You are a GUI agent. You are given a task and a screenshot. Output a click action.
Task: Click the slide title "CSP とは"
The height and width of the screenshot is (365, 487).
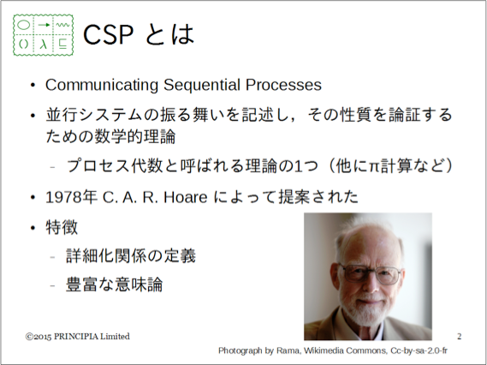point(139,34)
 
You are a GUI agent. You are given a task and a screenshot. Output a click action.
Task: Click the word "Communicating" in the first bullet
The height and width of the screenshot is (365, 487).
point(102,85)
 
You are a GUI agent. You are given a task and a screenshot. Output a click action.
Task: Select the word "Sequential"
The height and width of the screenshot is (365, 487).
point(202,85)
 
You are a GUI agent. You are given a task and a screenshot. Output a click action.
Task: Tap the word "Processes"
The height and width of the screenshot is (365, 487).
point(283,85)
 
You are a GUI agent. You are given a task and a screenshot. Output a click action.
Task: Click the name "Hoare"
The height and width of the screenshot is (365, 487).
point(186,197)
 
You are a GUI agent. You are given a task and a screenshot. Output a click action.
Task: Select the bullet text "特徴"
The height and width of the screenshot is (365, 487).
point(62,227)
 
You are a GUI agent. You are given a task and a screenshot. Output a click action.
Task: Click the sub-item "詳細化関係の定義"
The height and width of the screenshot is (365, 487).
point(131,256)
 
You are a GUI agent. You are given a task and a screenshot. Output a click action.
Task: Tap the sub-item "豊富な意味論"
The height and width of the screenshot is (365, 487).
point(115,284)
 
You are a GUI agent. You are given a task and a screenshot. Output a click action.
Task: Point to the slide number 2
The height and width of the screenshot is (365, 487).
point(460,337)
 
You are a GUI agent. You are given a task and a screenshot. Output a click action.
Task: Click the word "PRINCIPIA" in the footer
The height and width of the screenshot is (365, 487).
point(76,337)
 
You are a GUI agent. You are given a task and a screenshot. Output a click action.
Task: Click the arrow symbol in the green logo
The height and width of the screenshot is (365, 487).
point(44,25)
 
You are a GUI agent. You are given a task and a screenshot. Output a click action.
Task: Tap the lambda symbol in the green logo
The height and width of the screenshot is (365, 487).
point(44,45)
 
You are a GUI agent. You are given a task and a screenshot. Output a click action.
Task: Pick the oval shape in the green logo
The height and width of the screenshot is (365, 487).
point(24,25)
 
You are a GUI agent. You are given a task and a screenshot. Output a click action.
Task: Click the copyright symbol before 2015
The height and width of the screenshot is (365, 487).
point(29,337)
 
